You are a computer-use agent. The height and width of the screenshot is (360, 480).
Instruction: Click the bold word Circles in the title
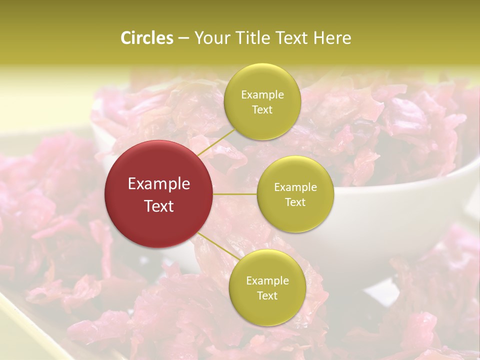pos(146,38)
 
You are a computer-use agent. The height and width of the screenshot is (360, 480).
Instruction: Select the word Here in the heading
pos(332,38)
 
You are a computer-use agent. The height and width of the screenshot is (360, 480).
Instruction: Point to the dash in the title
pos(183,39)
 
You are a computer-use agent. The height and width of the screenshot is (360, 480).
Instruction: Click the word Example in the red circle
pos(159,184)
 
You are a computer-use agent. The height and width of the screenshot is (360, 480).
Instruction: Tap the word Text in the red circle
pos(159,206)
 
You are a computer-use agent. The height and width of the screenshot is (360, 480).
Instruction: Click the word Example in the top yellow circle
pos(262,95)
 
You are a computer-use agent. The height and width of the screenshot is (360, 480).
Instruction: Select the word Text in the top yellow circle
pos(262,109)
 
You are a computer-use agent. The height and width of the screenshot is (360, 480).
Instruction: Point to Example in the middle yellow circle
pos(295,187)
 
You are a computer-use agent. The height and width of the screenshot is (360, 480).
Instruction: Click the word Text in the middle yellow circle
pos(295,202)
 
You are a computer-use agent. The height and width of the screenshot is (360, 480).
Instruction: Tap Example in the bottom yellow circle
pos(267,281)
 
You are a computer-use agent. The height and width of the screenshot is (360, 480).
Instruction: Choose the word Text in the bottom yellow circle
pos(267,295)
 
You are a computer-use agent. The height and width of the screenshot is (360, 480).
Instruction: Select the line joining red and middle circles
pos(235,194)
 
